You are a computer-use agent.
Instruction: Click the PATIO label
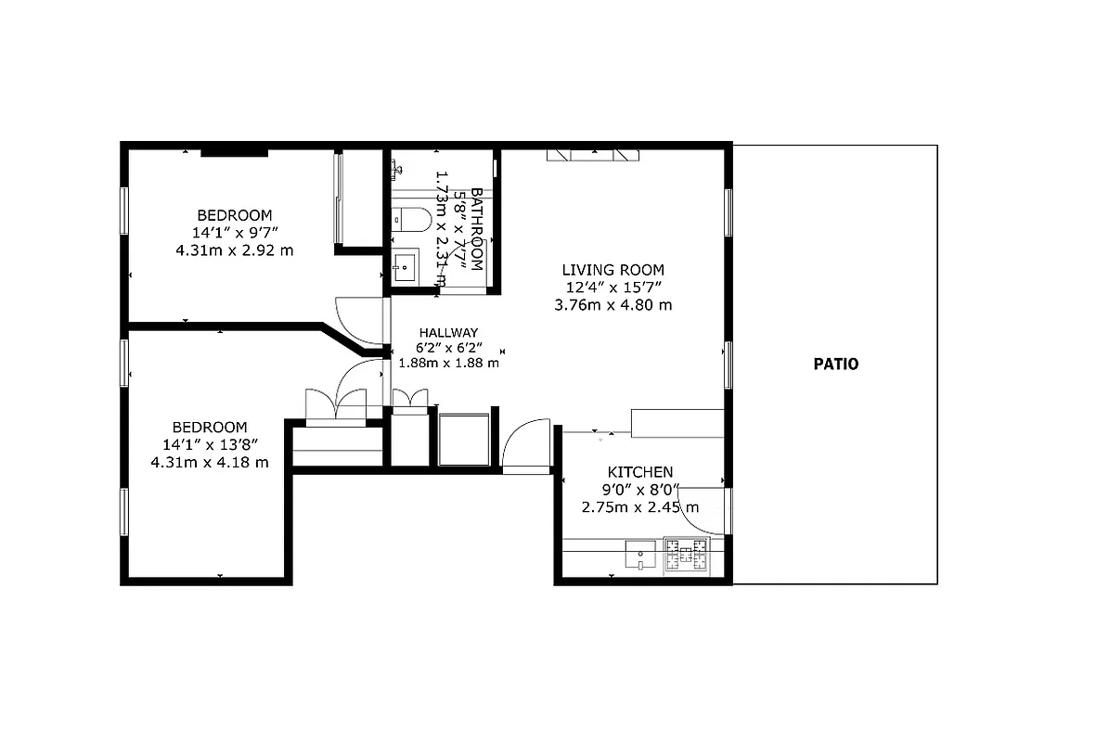pos(835,365)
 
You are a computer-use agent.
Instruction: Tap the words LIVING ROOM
pos(613,270)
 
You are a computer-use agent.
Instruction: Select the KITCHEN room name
pos(639,472)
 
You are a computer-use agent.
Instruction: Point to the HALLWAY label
pos(447,333)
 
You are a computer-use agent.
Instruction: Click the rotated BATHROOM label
pos(476,228)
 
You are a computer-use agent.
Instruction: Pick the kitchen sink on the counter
pos(638,556)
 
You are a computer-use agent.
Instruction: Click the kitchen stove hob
pos(686,556)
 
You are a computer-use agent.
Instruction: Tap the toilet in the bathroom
pos(410,220)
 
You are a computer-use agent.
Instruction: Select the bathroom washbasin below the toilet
pos(404,266)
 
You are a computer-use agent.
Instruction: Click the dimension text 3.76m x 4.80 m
pos(613,304)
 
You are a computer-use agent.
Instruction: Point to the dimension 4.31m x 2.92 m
pos(234,249)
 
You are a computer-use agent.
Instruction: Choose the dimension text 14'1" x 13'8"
pos(210,444)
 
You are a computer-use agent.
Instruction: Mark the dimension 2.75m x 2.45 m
pos(639,507)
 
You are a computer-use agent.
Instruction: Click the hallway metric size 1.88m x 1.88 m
pos(448,364)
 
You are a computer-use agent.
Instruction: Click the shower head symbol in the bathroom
pos(396,168)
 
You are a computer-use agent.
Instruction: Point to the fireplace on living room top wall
pos(591,155)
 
